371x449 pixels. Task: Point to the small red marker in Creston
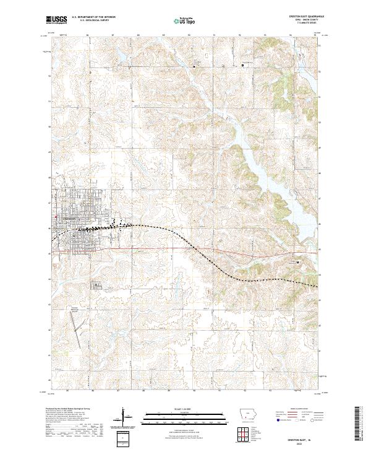[x=56, y=216]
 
